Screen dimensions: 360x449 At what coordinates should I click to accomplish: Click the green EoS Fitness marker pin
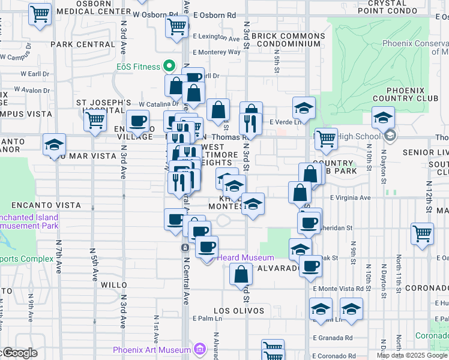pos(170,67)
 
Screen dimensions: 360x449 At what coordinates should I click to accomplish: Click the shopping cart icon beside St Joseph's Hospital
pos(95,121)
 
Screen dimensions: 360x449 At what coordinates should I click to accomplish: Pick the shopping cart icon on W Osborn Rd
pos(178,26)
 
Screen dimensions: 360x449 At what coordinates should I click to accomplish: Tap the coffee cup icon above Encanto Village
pos(138,121)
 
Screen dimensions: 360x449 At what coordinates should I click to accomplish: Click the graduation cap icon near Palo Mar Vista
pos(54,144)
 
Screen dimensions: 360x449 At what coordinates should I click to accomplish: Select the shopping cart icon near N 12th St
pos(423,233)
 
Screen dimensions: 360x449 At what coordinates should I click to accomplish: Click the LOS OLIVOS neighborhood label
pos(240,311)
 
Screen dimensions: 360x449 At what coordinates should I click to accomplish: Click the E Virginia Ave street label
pos(350,197)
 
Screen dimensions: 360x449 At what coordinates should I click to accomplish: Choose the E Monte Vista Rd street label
pos(343,289)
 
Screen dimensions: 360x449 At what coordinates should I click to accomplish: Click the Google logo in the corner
pos(19,353)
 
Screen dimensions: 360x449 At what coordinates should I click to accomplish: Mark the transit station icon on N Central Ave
pos(185,247)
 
